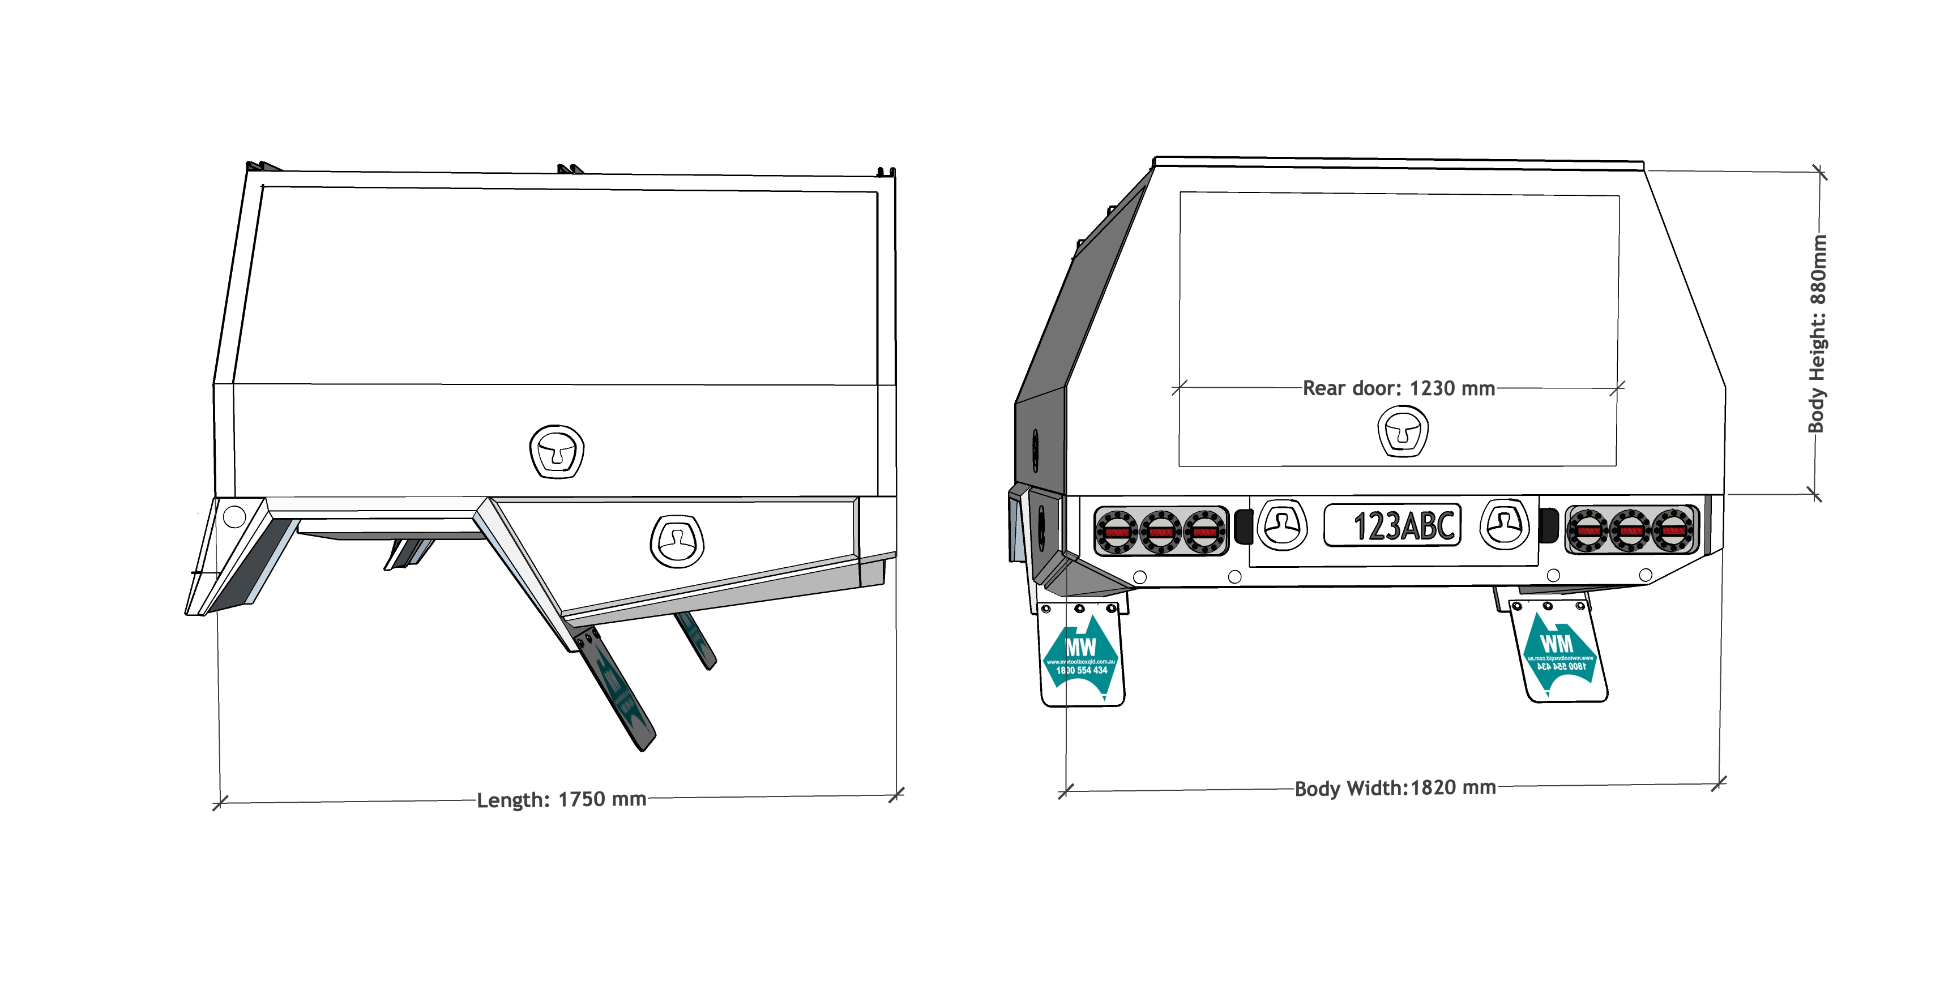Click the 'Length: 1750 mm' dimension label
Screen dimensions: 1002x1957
[x=561, y=799]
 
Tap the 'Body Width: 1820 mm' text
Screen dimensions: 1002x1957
[x=1395, y=788]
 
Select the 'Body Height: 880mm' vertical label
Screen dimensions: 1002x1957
[x=1817, y=334]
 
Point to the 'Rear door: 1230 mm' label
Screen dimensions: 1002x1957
[x=1399, y=388]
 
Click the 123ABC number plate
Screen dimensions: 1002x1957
[x=1392, y=525]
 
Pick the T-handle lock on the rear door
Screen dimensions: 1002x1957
[x=1403, y=431]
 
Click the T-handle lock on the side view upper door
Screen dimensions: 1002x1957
[x=557, y=451]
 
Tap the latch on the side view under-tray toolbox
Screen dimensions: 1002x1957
[x=677, y=541]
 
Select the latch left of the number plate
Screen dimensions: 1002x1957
[x=1283, y=524]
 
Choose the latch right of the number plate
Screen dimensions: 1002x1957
[x=1504, y=524]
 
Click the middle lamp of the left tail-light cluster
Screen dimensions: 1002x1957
[x=1160, y=532]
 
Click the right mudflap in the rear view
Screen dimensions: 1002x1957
[x=1558, y=652]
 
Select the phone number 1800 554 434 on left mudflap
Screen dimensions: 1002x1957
[x=1081, y=671]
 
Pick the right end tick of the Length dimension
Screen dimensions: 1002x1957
[x=896, y=795]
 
